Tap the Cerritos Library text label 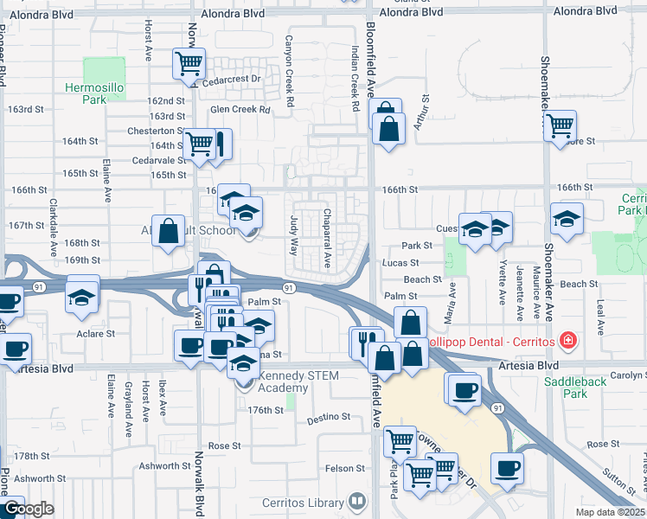(x=302, y=503)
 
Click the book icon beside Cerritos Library (x=356, y=502)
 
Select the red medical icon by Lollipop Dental (x=567, y=341)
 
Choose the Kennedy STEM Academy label (x=272, y=381)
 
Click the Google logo (x=28, y=509)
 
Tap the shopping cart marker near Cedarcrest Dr (x=189, y=64)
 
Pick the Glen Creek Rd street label (x=240, y=110)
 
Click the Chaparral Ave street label (x=328, y=238)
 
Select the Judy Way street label (x=294, y=235)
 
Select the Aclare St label (x=96, y=333)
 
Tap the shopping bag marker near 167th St (x=168, y=230)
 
